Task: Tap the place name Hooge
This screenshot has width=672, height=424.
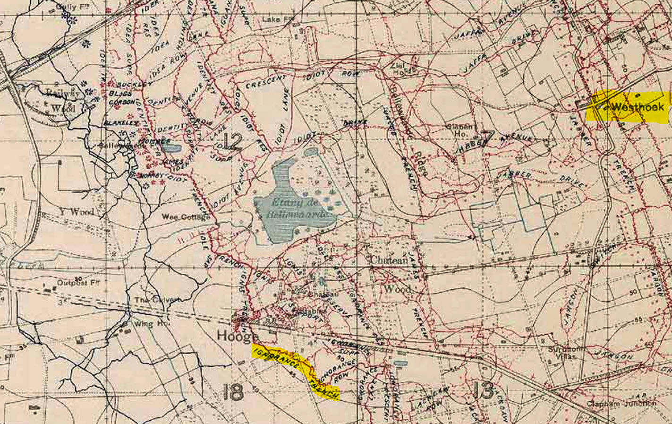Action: (231, 336)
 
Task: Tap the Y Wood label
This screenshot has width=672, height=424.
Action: (77, 212)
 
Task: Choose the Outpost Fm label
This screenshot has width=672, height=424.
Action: (78, 283)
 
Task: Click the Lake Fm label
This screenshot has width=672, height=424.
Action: (278, 19)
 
